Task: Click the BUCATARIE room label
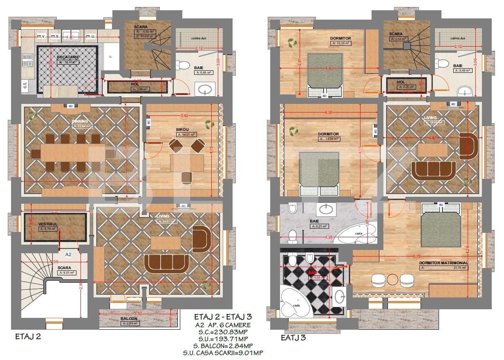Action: (x=68, y=58)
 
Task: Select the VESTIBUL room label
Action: (x=47, y=224)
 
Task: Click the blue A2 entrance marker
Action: (x=68, y=254)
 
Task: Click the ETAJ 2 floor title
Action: (x=28, y=337)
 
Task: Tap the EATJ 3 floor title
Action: (x=293, y=338)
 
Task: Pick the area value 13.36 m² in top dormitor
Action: (x=341, y=43)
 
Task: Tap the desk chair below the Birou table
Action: (x=187, y=176)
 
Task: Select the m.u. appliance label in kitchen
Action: (x=91, y=36)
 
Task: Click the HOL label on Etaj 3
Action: (x=401, y=82)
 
